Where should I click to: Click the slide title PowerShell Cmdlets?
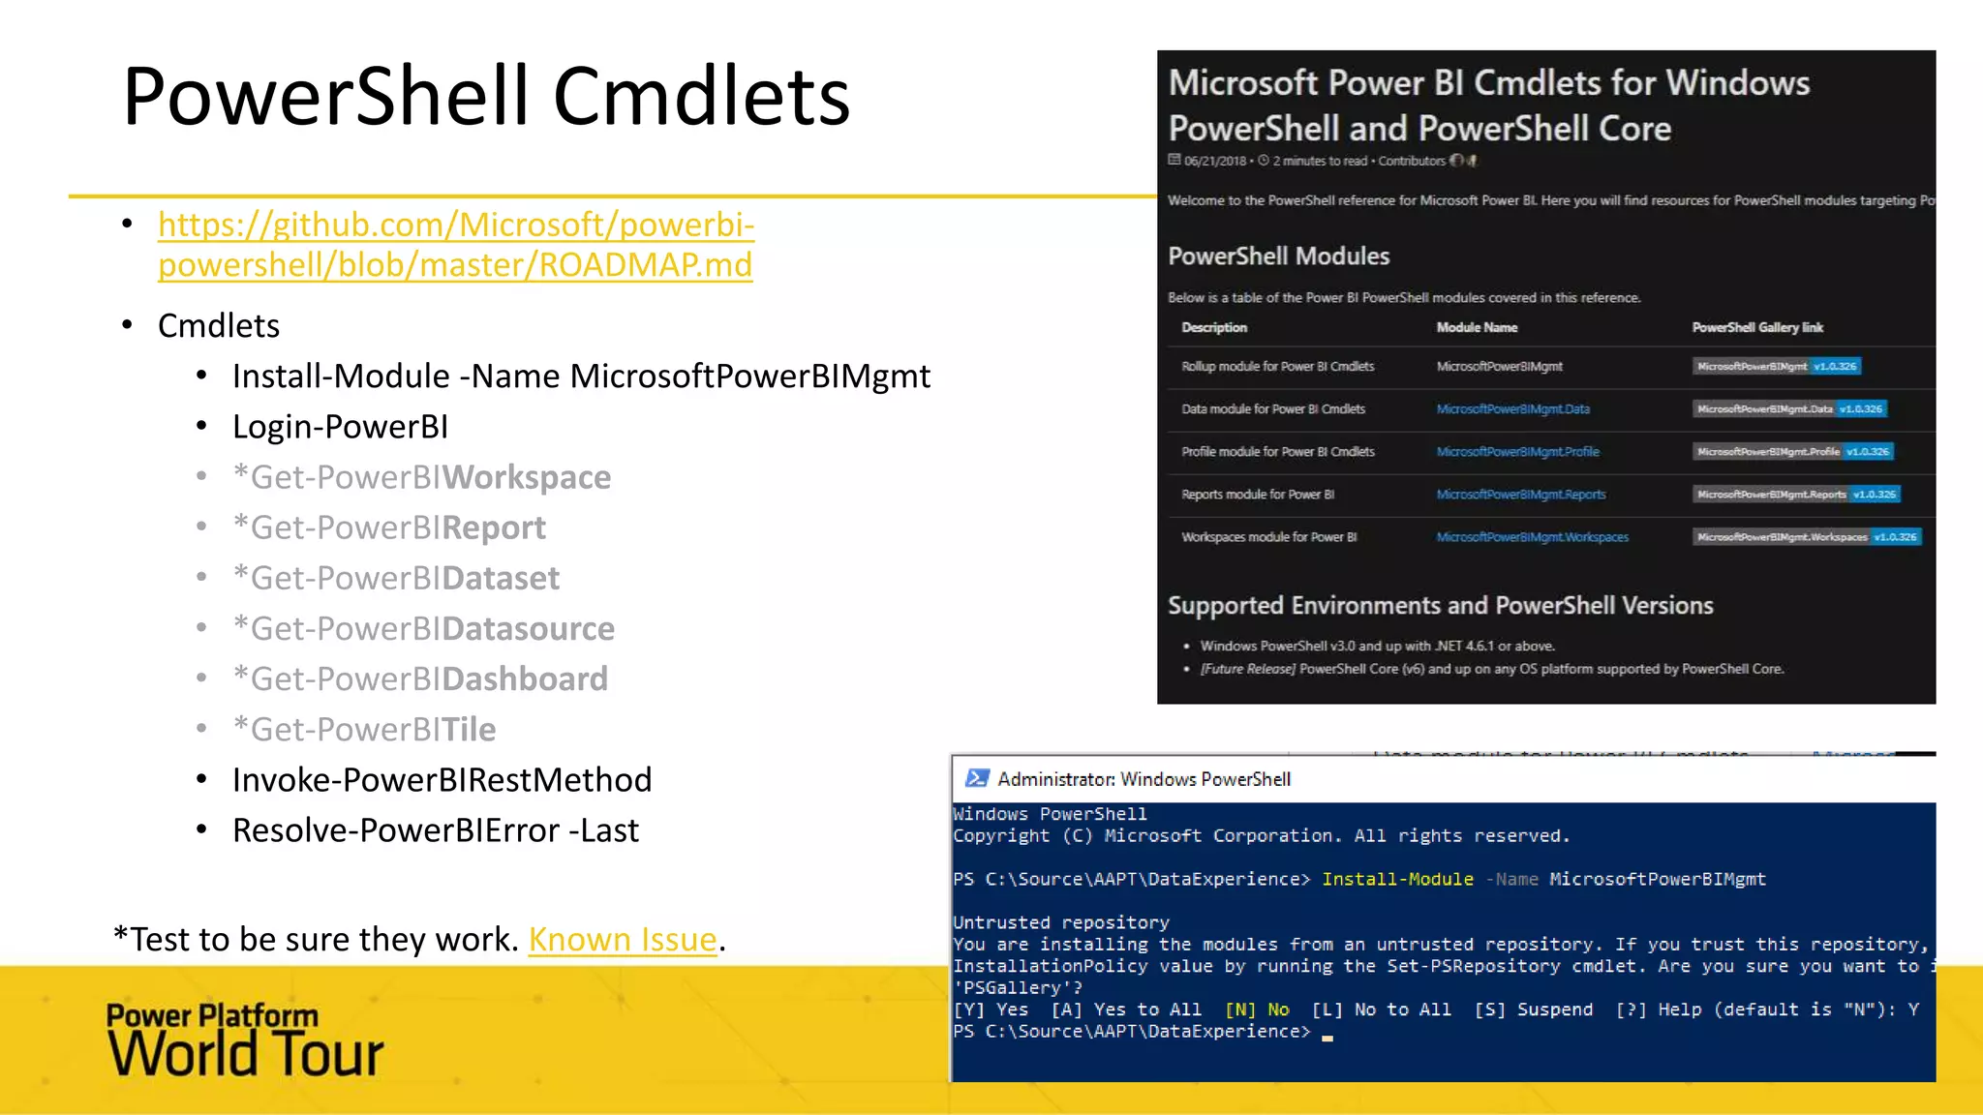[486, 97]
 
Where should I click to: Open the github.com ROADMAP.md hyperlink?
[455, 244]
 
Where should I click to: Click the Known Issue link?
[622, 939]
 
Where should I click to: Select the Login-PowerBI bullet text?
[340, 427]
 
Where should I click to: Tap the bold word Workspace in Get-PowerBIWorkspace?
[527, 477]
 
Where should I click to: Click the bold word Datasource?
[529, 629]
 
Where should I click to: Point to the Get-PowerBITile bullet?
[364, 730]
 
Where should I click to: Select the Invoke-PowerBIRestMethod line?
[442, 780]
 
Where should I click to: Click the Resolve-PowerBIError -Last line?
[436, 830]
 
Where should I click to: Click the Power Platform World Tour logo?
[244, 1040]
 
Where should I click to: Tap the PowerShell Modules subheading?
[1278, 256]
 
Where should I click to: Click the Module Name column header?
[1477, 328]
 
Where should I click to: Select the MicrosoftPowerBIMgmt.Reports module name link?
[1520, 495]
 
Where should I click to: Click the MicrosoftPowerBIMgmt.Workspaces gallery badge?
[1807, 537]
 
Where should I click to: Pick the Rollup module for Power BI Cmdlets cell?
[1277, 367]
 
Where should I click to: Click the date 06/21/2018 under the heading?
[1214, 162]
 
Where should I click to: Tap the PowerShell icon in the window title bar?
[977, 779]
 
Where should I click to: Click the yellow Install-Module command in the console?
[1397, 879]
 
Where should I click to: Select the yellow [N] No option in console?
[1257, 1010]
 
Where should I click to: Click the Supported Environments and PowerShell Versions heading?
[1440, 606]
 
